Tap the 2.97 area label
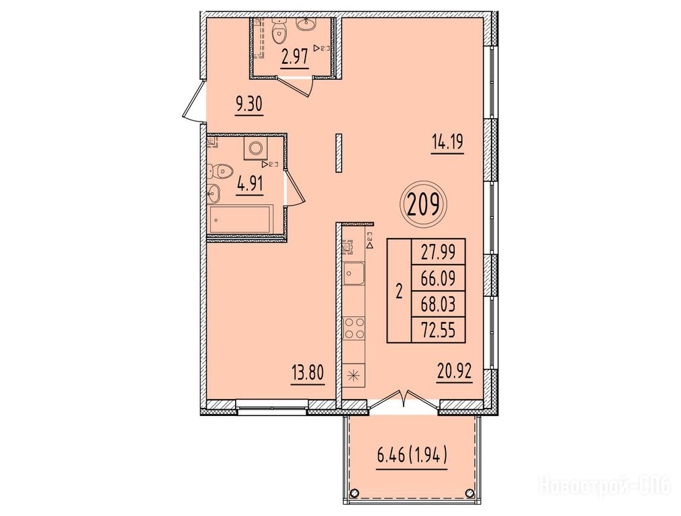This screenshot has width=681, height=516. [x=295, y=57]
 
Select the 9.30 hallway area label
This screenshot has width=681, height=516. [x=249, y=105]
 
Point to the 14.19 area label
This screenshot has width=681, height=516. [x=447, y=142]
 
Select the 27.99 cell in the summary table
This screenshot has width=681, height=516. [x=439, y=253]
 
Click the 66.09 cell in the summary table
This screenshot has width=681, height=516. [x=439, y=278]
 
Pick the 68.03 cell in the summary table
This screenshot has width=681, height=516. [x=439, y=304]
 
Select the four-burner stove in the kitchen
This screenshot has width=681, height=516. [x=354, y=329]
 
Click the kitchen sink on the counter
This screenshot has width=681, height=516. [x=354, y=273]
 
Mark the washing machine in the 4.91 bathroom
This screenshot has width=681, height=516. [x=255, y=148]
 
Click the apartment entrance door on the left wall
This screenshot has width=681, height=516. [x=194, y=100]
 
